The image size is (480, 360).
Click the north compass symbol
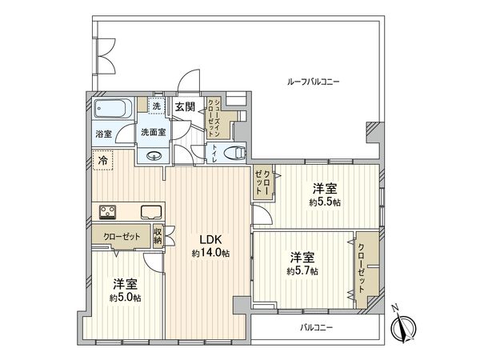pos(404,326)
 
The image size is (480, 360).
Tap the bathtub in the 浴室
pos(114,109)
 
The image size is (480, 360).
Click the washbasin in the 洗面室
pos(155,157)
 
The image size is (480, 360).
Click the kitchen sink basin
pos(151,212)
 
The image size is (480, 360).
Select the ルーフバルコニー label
pos(314,82)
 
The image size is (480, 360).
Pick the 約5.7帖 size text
pos(302,271)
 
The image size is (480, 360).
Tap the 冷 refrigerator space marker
pos(102,161)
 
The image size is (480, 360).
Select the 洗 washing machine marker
pos(157,106)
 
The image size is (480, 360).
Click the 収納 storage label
pos(158,236)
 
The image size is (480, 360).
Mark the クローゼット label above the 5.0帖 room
pos(119,237)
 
